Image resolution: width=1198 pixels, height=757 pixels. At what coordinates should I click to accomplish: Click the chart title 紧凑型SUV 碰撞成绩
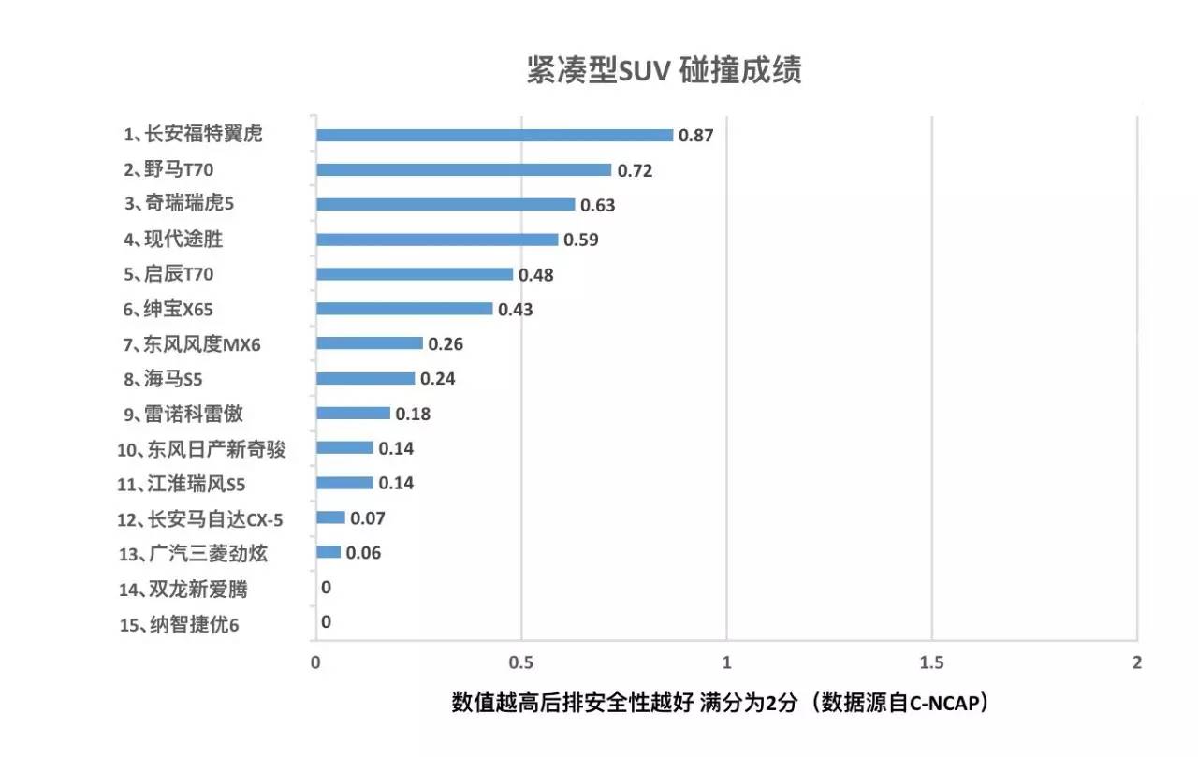click(x=664, y=71)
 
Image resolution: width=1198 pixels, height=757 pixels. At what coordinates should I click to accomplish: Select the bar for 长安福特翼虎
click(x=494, y=135)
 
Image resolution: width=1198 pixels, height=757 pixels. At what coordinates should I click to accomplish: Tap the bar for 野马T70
click(x=463, y=170)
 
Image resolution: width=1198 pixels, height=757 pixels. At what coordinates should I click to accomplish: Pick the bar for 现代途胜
click(x=437, y=240)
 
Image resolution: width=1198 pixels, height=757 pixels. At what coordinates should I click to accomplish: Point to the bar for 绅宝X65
click(x=404, y=309)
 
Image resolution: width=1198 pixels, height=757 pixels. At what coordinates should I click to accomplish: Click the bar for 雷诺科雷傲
click(x=353, y=413)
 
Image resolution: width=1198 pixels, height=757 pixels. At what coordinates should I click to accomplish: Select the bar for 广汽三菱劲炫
click(x=329, y=552)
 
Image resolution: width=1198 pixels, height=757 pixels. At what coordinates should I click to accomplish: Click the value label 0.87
click(x=696, y=136)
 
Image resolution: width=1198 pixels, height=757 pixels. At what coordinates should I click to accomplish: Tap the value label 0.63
click(x=598, y=205)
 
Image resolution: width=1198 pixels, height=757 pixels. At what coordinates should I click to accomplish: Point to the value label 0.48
click(x=536, y=275)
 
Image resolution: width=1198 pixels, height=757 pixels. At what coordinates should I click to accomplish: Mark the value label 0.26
click(x=446, y=344)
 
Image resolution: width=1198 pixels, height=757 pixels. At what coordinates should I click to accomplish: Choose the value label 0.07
click(x=368, y=518)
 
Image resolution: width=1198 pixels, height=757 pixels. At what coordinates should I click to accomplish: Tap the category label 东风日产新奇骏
click(x=202, y=449)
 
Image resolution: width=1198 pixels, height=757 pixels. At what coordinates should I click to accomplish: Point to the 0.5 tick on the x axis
click(x=521, y=662)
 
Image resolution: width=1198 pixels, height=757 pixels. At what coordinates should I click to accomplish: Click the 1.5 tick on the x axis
click(x=931, y=662)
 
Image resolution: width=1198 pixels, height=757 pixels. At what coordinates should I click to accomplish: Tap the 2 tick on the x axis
click(x=1137, y=662)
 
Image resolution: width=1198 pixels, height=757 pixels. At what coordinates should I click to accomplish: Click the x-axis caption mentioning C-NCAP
click(x=721, y=704)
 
